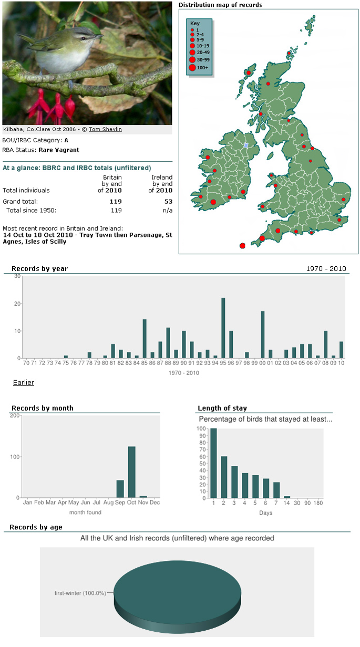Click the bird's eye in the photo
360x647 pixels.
83,38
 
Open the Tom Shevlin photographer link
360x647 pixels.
105,129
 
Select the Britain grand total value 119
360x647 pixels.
116,202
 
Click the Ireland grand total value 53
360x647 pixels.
168,202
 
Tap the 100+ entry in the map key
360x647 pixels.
202,68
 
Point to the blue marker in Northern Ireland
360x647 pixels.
246,145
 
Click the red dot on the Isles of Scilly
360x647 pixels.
242,246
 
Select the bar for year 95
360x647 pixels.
223,328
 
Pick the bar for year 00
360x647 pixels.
262,335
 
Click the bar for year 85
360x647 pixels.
145,339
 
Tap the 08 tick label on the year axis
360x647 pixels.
325,363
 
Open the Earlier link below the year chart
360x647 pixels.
24,382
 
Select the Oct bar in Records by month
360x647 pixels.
131,472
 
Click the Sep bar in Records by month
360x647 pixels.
120,489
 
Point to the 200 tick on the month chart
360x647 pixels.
15,415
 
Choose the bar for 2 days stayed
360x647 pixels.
224,477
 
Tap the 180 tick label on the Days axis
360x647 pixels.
318,503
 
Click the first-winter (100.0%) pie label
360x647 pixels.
80,593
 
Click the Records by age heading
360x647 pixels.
36,527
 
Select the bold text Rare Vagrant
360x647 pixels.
59,150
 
